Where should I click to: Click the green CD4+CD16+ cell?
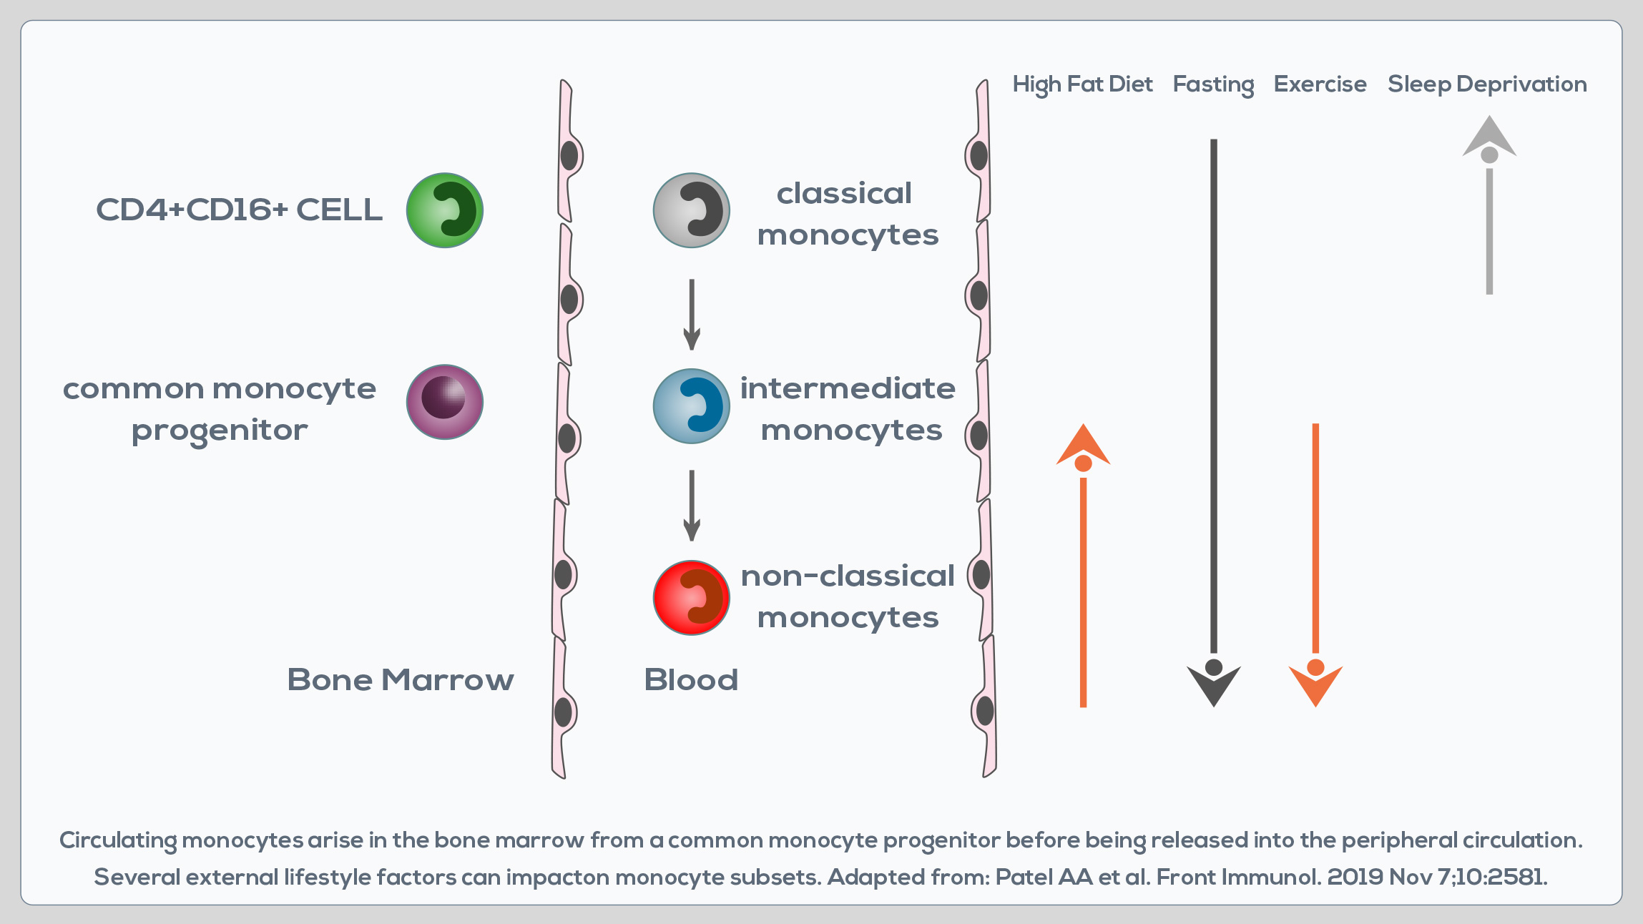[444, 210]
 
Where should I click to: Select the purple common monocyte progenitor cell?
[444, 401]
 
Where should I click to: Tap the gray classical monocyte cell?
[691, 210]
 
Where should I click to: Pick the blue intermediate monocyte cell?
[691, 406]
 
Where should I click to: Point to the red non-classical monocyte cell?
[691, 597]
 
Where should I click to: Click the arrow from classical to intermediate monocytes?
[691, 314]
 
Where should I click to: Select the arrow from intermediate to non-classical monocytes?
[691, 505]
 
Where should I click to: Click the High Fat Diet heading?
[1082, 84]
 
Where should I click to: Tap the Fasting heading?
[1213, 84]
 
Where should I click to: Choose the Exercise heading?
[1320, 84]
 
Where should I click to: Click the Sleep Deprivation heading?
[1487, 84]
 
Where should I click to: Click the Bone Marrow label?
[400, 679]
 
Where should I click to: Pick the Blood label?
[690, 679]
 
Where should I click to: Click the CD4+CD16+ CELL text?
[239, 210]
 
